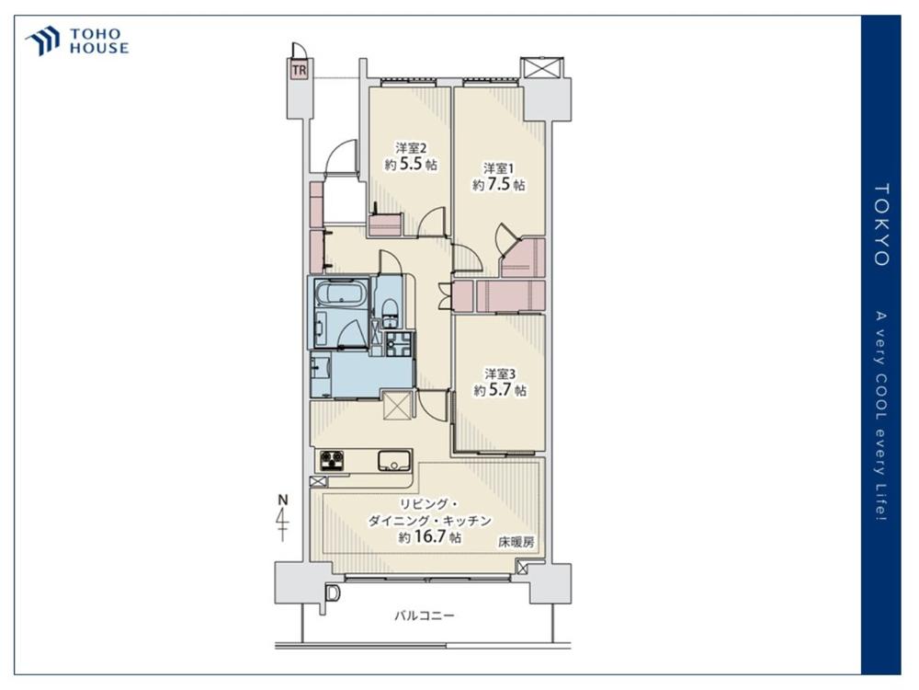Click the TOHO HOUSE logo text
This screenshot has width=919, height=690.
click(99, 41)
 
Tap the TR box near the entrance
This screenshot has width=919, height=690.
click(299, 70)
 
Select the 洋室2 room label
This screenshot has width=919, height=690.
click(410, 147)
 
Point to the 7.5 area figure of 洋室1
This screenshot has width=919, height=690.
click(499, 184)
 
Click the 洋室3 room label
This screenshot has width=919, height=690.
click(499, 374)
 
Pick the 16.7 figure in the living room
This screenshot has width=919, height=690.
click(429, 536)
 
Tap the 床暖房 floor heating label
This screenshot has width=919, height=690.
click(516, 542)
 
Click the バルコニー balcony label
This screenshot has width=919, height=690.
click(424, 615)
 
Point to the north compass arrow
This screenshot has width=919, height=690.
click(283, 519)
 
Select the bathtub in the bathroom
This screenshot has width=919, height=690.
click(341, 293)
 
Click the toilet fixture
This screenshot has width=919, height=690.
click(390, 314)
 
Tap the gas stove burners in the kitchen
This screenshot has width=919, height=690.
click(332, 461)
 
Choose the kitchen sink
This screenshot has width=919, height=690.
click(395, 461)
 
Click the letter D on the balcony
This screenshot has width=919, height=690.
click(333, 593)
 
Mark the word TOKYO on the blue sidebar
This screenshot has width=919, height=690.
click(881, 224)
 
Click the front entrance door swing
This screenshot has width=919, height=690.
click(341, 156)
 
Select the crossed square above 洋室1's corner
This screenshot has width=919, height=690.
click(542, 67)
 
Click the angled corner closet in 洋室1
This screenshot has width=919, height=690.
click(523, 258)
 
